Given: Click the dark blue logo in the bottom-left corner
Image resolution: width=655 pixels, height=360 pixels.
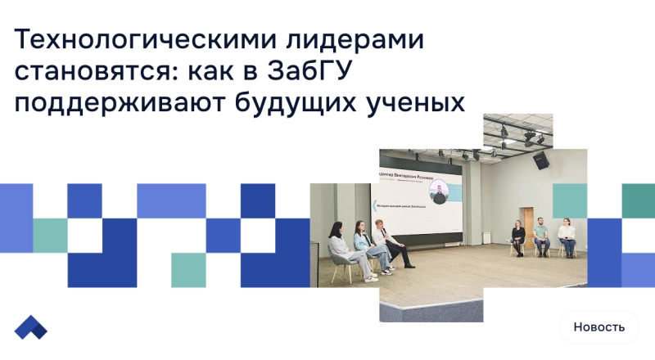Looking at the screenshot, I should tap(31, 326).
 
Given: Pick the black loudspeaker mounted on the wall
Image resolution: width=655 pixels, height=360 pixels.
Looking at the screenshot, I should tap(540, 161).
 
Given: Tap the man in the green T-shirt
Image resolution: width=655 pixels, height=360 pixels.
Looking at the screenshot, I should tap(541, 236).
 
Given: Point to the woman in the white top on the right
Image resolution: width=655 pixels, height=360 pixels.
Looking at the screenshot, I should tap(567, 237).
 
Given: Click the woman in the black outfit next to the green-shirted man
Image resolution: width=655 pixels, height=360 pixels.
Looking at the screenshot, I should tap(518, 238).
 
